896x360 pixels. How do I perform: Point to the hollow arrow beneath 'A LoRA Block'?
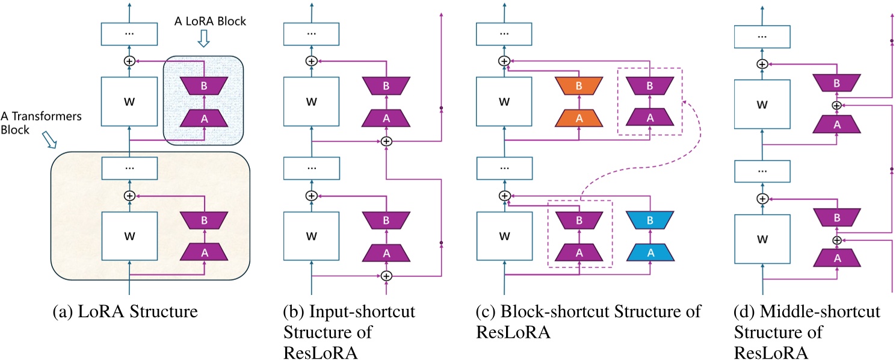click(204, 40)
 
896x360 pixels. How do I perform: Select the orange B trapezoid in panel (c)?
click(579, 86)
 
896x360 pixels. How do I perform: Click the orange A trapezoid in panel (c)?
click(579, 118)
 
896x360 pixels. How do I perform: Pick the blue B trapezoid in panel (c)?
click(650, 221)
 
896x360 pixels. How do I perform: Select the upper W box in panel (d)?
click(762, 105)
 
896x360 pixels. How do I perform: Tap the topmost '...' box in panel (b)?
click(311, 33)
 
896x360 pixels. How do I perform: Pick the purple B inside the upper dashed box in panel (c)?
click(649, 86)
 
